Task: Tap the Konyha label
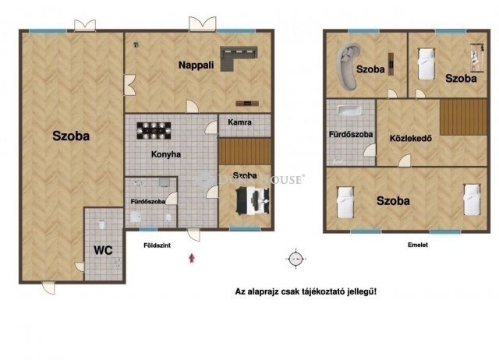[166, 154]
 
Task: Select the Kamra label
[239, 123]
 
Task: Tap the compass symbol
[295, 258]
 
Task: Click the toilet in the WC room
[103, 226]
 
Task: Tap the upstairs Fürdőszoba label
[350, 134]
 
